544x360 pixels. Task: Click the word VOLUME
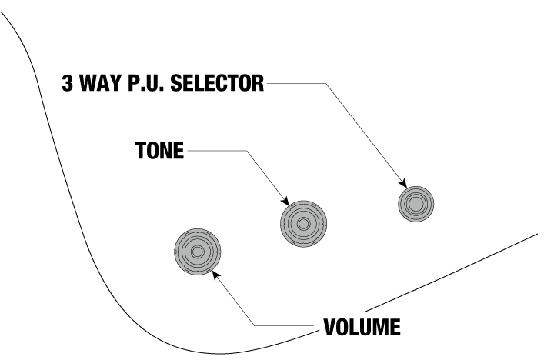tap(360, 328)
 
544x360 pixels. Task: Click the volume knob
tap(197, 252)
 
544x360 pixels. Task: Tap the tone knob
tap(303, 223)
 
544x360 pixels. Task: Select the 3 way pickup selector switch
tap(416, 205)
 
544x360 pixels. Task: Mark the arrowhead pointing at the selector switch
tap(402, 183)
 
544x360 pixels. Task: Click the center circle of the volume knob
tap(197, 252)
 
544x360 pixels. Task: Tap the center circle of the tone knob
tap(303, 223)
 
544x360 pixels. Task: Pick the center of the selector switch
tap(416, 205)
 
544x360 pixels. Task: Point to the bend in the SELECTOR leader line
tap(325, 83)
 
